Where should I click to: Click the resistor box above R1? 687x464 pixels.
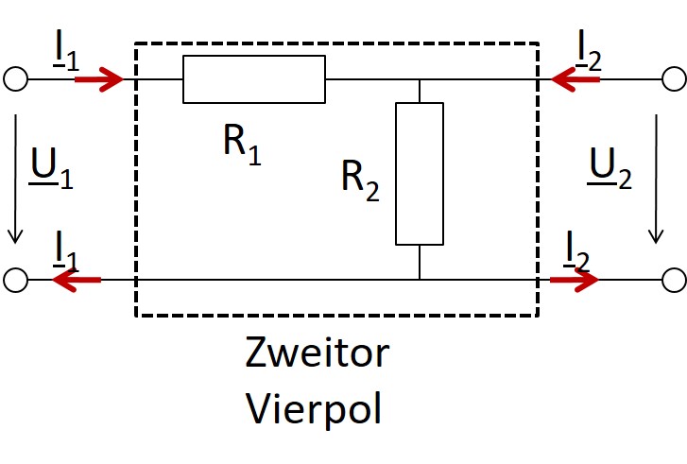tap(254, 79)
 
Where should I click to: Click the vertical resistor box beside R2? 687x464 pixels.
tap(420, 173)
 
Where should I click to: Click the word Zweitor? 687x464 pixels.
tap(317, 353)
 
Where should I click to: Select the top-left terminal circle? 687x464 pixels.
tap(15, 79)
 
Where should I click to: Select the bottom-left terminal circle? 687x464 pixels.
tap(15, 280)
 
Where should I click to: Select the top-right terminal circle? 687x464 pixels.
tap(673, 79)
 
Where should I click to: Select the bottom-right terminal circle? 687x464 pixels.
tap(673, 280)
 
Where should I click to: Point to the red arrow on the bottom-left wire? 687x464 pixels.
tap(77, 280)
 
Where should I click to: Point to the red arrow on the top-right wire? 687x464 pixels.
tap(575, 79)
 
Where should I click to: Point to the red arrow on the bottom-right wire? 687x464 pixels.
tap(575, 280)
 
